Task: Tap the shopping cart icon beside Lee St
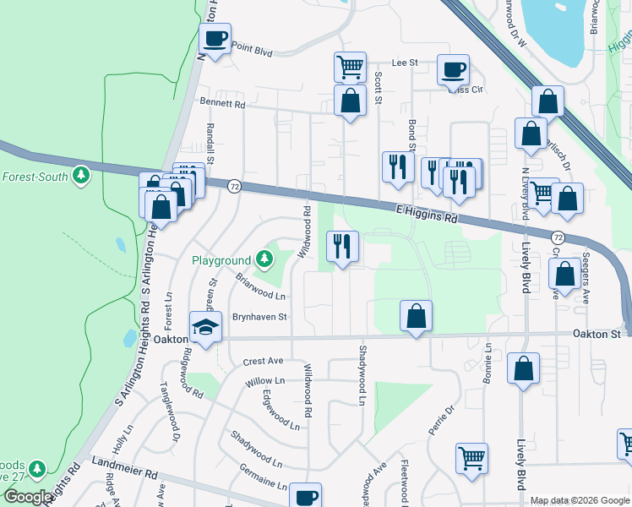click(x=349, y=66)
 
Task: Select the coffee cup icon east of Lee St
click(x=453, y=69)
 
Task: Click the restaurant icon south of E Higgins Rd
click(x=342, y=247)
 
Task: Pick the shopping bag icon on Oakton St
click(x=416, y=317)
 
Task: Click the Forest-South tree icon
click(x=80, y=176)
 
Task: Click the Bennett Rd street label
click(x=222, y=104)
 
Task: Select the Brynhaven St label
click(x=261, y=317)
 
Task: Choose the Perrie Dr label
click(x=441, y=420)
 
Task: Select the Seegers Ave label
click(x=585, y=277)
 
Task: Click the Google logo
click(x=28, y=497)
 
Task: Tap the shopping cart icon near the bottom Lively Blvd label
click(x=471, y=458)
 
